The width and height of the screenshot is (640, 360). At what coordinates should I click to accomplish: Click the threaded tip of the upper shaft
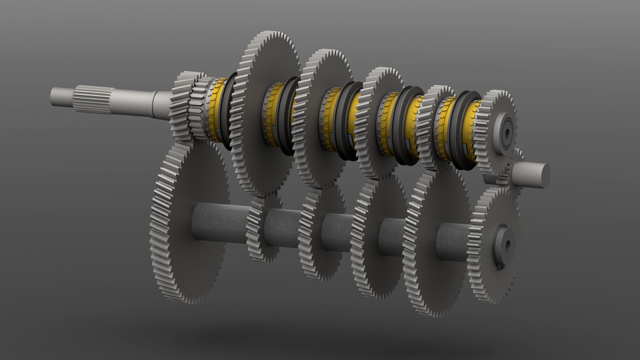pos(61,95)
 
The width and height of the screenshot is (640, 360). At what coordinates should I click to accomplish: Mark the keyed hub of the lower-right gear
pos(503,246)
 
